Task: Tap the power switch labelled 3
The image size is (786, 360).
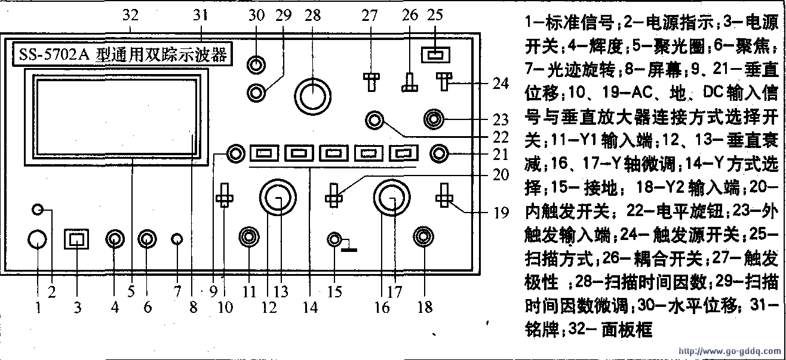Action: pyautogui.click(x=76, y=239)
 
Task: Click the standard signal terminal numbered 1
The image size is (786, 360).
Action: pyautogui.click(x=37, y=239)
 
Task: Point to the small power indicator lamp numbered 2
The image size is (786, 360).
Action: pyautogui.click(x=38, y=210)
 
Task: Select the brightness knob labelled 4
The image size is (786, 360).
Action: pyautogui.click(x=114, y=239)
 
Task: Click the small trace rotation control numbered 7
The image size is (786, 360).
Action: pyautogui.click(x=176, y=239)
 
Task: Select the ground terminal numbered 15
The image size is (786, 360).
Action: pyautogui.click(x=336, y=240)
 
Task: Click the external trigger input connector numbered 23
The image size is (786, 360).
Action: pyautogui.click(x=432, y=119)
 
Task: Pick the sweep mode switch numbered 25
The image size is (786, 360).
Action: pyautogui.click(x=434, y=56)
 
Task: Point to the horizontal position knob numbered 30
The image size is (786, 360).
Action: pyautogui.click(x=257, y=64)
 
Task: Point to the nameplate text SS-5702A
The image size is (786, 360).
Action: pyautogui.click(x=54, y=55)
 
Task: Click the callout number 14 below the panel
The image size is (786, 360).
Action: pyautogui.click(x=311, y=308)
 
